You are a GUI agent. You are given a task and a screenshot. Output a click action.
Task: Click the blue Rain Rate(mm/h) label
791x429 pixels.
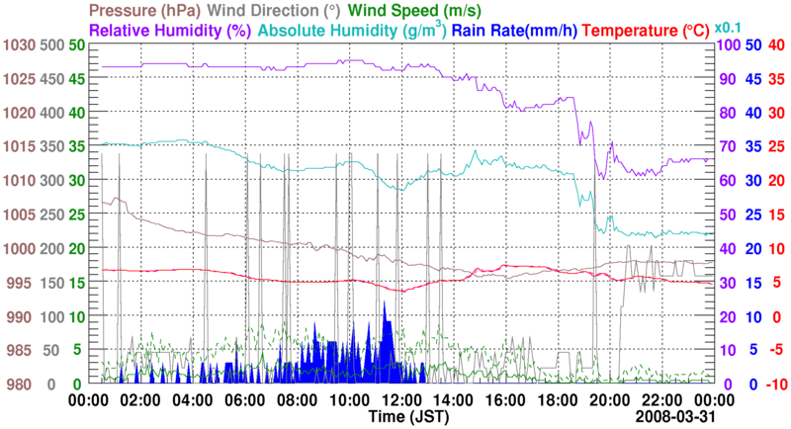coord(516,30)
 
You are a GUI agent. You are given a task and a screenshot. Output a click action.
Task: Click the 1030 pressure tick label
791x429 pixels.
coord(19,45)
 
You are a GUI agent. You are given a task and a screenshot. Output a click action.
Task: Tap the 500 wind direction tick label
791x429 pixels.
coord(52,45)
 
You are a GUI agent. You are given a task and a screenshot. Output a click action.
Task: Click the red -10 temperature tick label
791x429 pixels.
coord(774,384)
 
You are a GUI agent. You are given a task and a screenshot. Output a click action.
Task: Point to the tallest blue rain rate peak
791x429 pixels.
coord(385,301)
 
